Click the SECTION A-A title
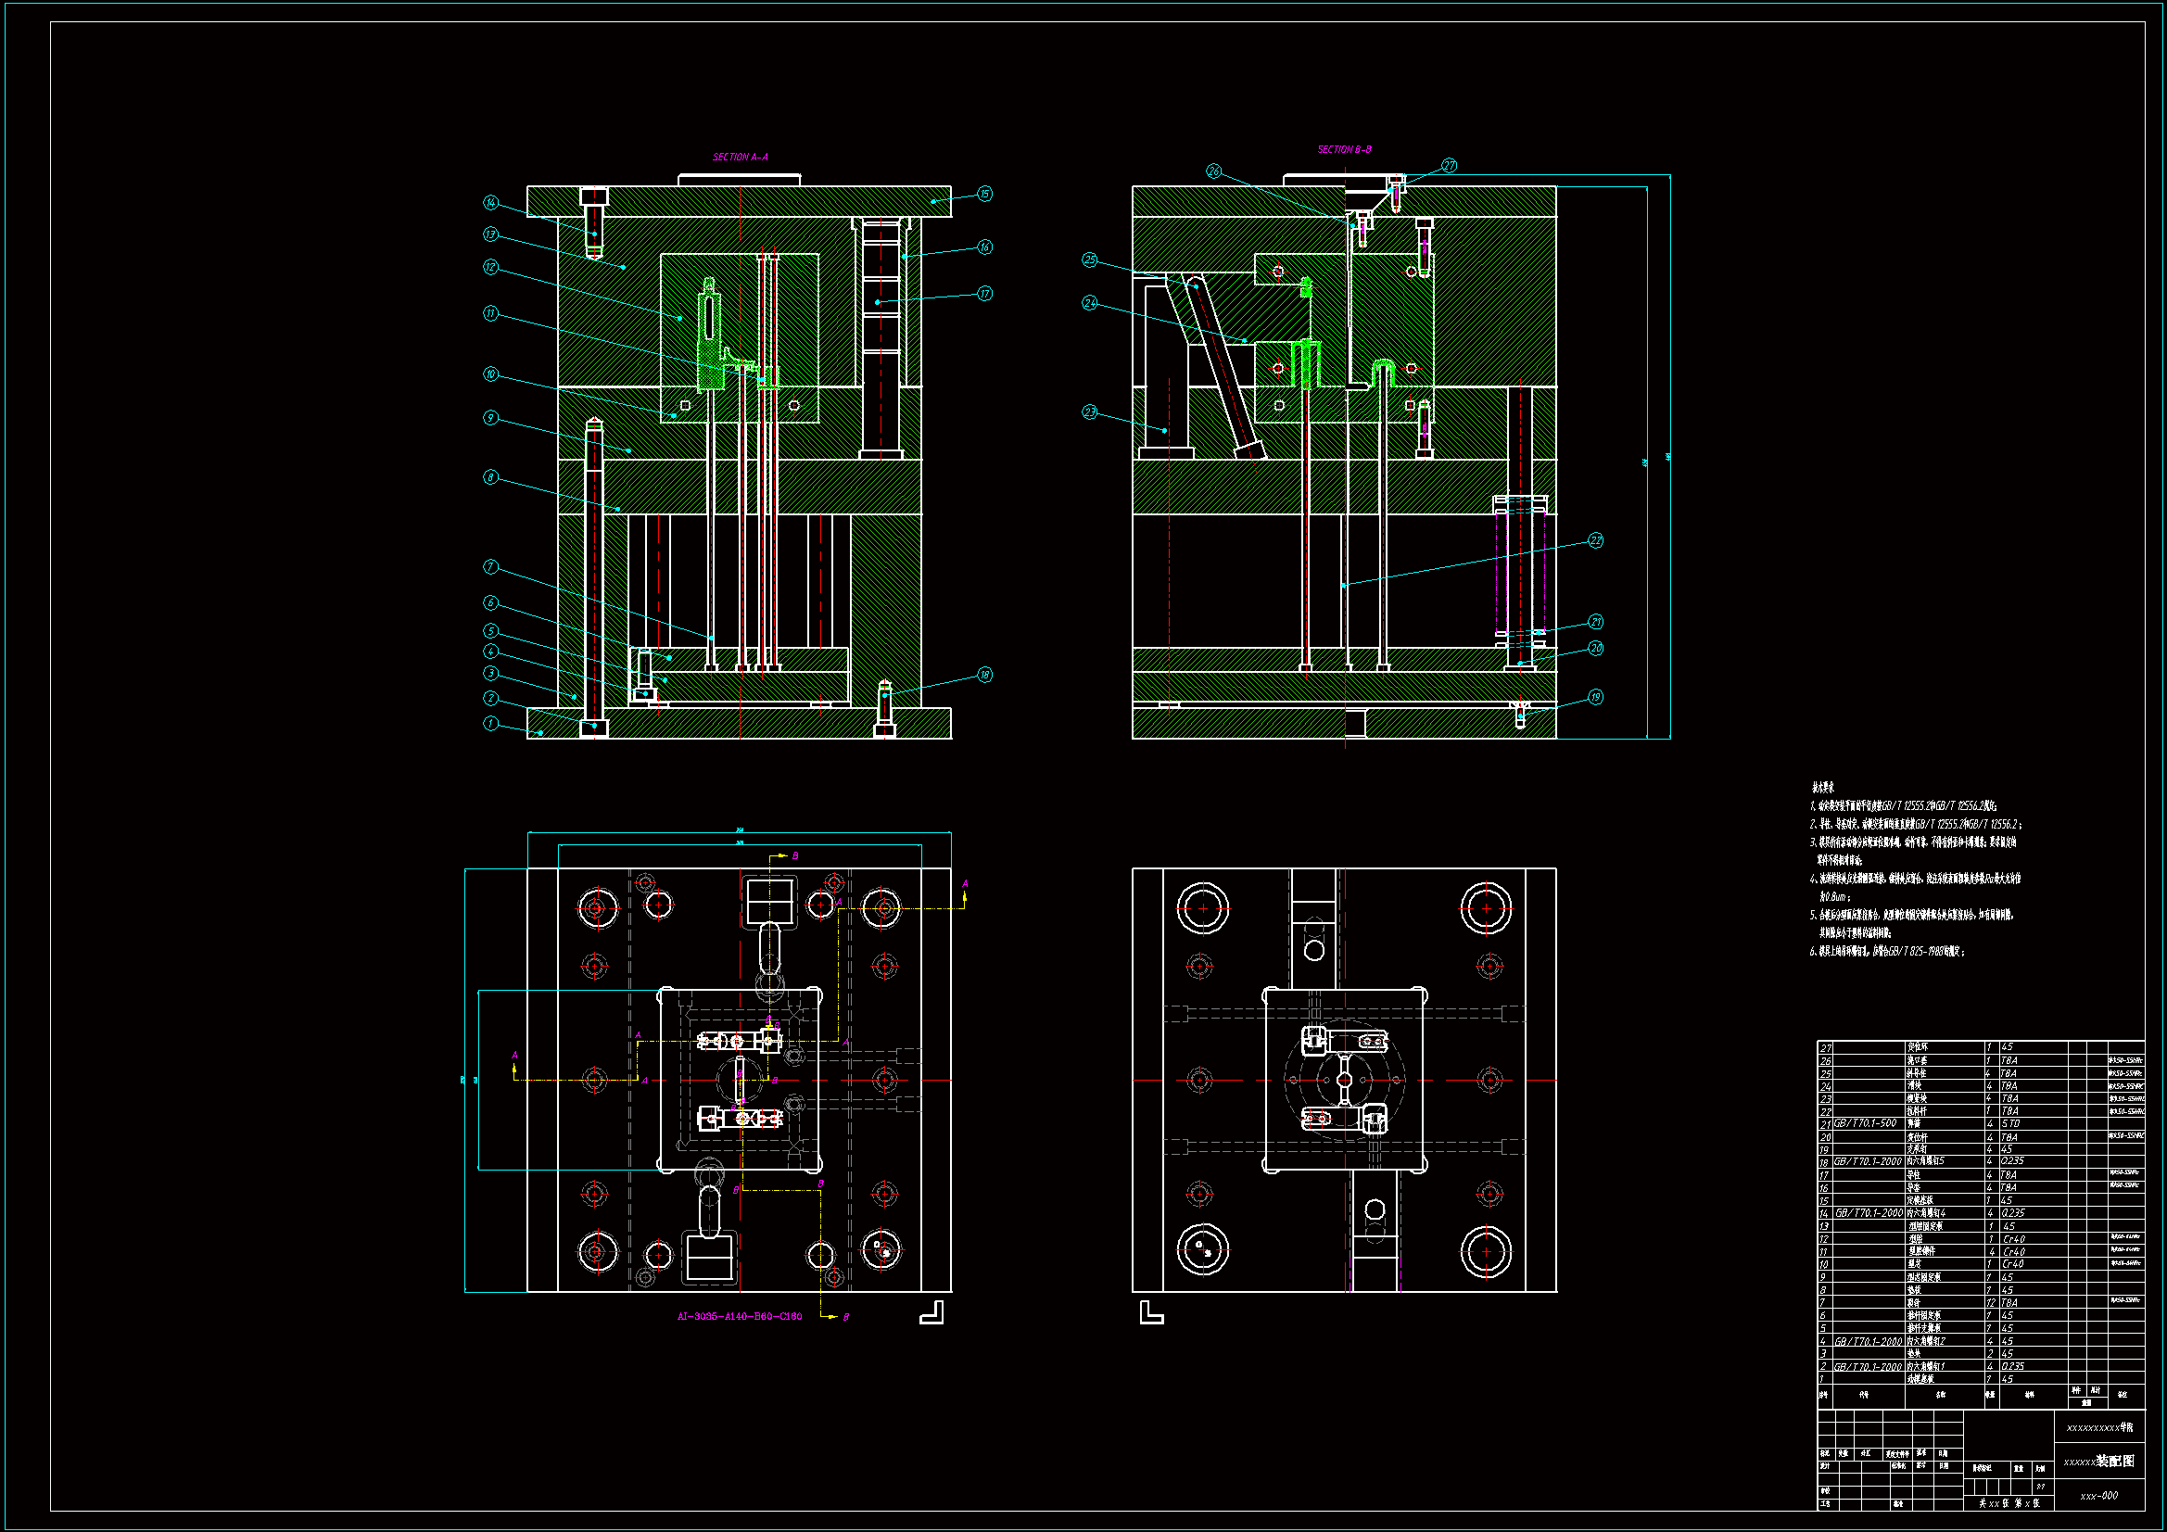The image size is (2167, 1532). point(740,157)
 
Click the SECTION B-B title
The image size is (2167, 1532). point(1344,149)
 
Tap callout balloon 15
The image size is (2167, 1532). point(984,194)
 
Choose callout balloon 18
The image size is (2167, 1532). point(984,675)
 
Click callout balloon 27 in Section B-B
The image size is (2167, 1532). point(1449,166)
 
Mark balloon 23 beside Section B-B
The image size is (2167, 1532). point(1090,412)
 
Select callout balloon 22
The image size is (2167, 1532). point(1595,541)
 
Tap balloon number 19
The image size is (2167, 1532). point(1595,698)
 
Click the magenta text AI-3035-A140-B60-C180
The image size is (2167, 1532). point(740,1316)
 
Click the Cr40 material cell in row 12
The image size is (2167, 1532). point(2013,1239)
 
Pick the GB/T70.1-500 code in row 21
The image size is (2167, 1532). point(1865,1123)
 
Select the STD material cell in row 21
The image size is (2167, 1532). point(2010,1123)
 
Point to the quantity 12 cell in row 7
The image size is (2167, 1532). point(1991,1303)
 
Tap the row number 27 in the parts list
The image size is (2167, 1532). point(1825,1048)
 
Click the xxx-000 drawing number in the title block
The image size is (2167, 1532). point(2099,1495)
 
